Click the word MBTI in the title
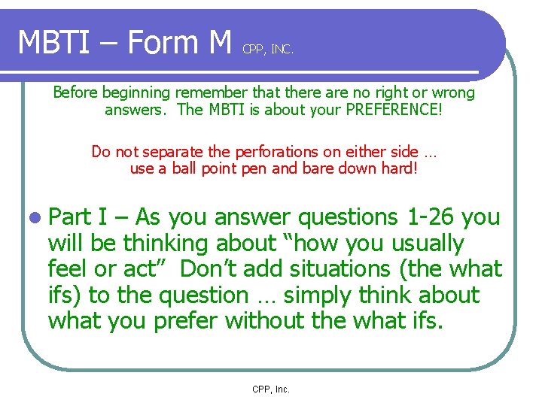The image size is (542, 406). click(55, 43)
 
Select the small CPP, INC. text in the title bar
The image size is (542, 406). click(268, 50)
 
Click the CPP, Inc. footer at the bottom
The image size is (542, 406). click(271, 389)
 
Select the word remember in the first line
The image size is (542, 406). click(211, 92)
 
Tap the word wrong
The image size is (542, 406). click(450, 92)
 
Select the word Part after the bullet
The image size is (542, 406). click(69, 218)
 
